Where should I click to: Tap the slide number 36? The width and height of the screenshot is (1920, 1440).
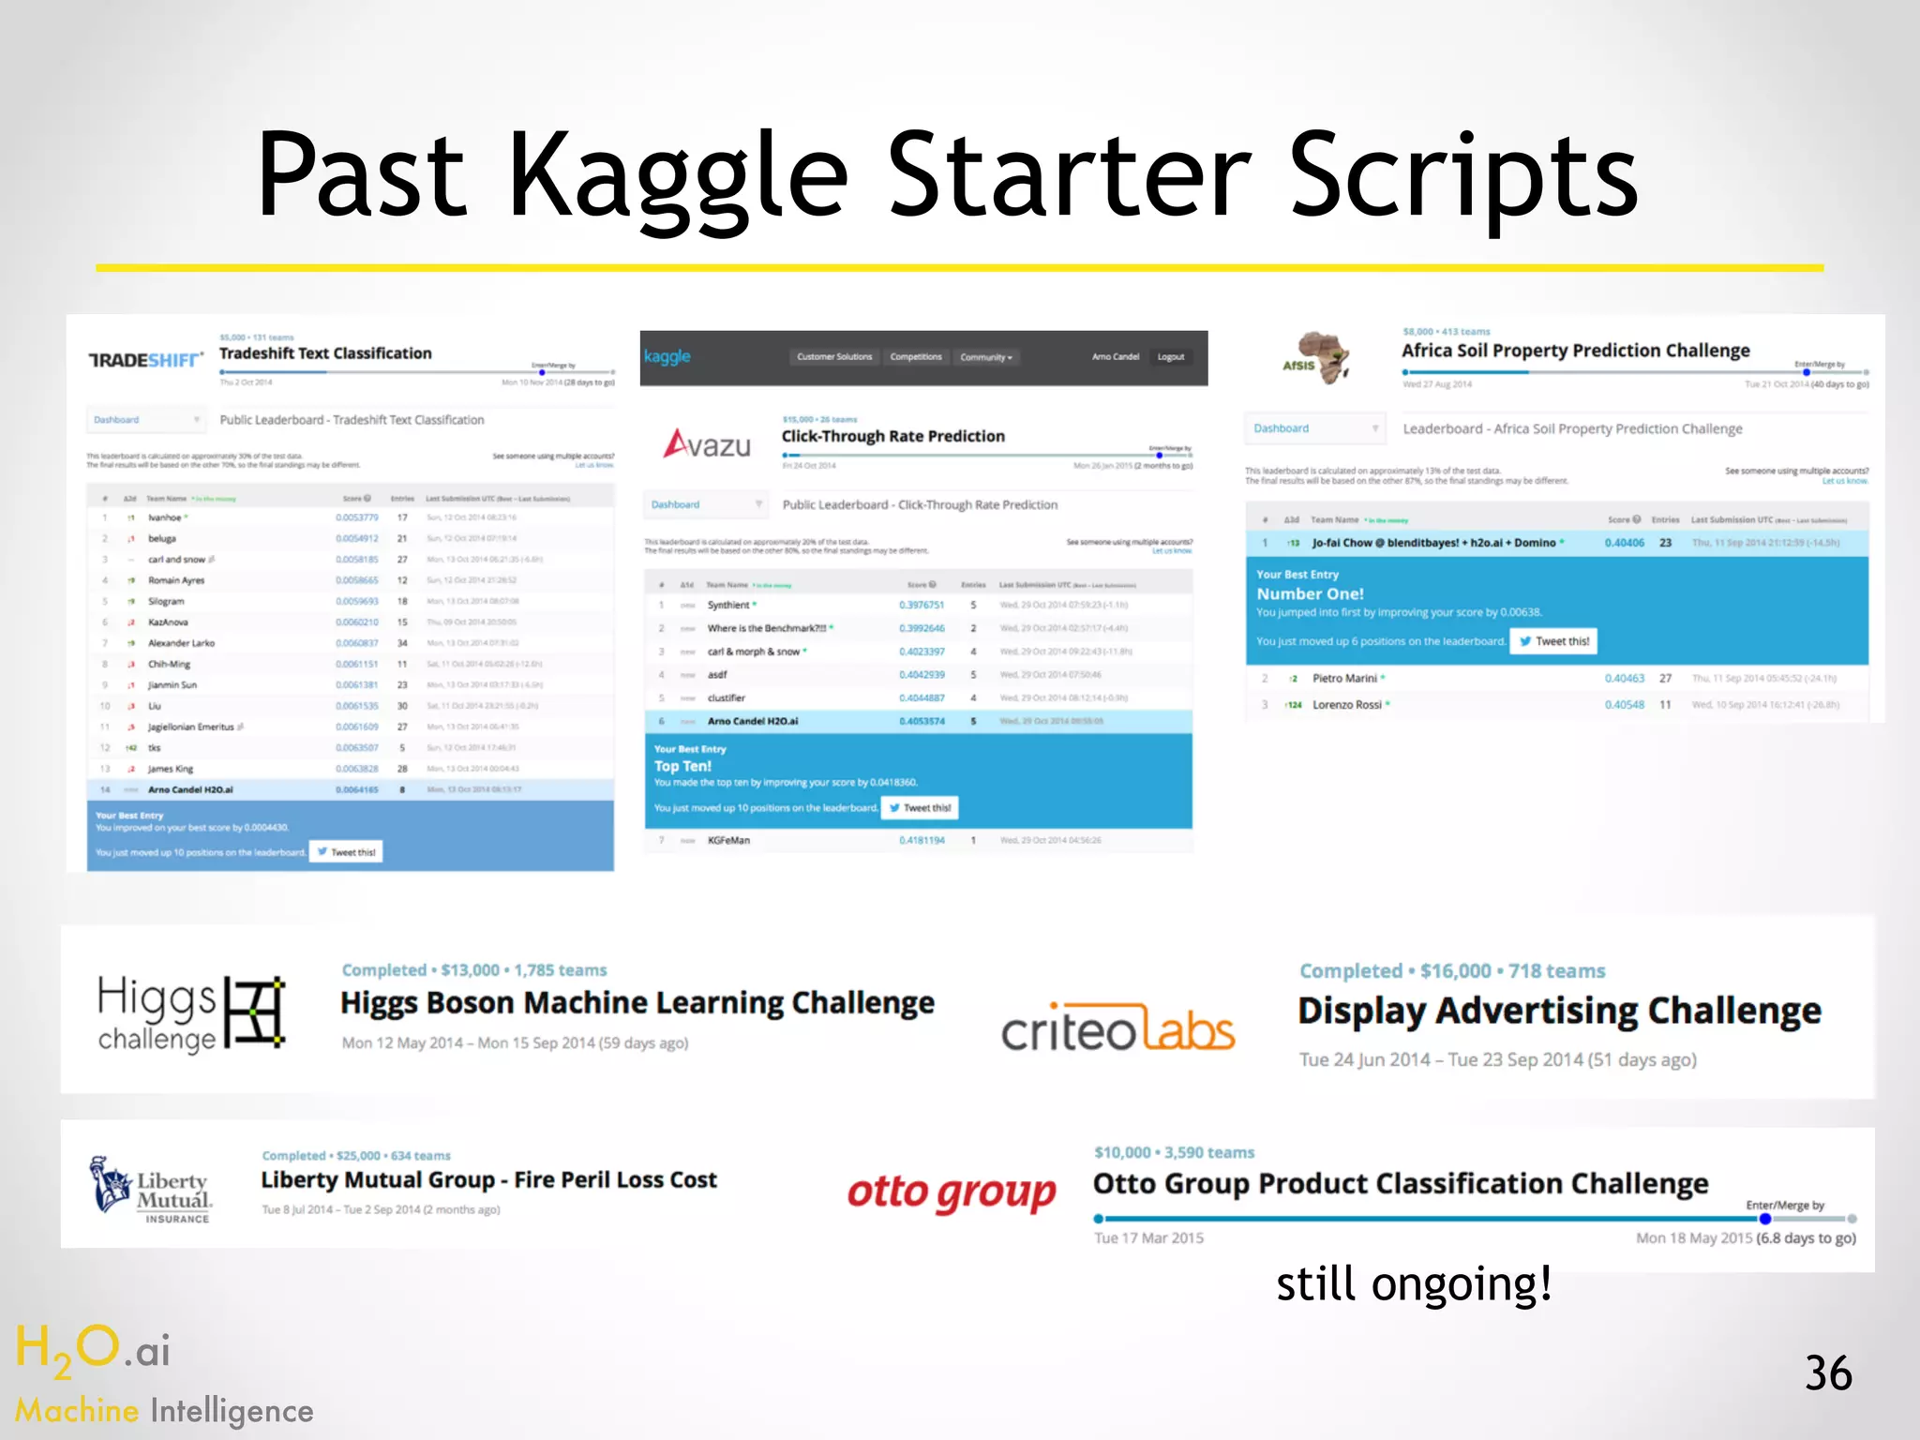[x=1827, y=1373]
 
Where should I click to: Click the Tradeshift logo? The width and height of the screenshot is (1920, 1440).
[x=145, y=360]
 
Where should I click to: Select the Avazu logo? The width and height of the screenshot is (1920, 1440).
[x=708, y=443]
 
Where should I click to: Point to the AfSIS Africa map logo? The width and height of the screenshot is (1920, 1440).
[x=1317, y=359]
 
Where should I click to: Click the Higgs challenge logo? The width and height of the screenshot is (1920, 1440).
[x=190, y=1013]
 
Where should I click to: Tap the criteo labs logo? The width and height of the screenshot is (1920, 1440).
[x=1117, y=1029]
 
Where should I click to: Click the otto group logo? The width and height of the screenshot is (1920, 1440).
[x=952, y=1192]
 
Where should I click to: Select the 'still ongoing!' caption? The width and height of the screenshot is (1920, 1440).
[x=1414, y=1283]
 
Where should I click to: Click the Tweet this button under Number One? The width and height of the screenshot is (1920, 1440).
[x=1553, y=641]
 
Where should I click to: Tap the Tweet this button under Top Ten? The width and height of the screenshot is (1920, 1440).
[x=919, y=807]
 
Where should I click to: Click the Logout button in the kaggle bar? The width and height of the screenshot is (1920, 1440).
[x=1170, y=357]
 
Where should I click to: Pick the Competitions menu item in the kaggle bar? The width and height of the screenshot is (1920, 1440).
[x=915, y=357]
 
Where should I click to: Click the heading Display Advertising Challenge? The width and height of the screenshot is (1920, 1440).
[x=1559, y=1011]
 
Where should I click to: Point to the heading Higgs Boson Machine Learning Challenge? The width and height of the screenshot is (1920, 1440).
[x=637, y=1003]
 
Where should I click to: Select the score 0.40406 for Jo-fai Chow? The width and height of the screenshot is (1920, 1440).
[x=1624, y=543]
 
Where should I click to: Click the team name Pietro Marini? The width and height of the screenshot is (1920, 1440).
[x=1344, y=678]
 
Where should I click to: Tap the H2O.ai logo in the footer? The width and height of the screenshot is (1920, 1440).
[x=94, y=1350]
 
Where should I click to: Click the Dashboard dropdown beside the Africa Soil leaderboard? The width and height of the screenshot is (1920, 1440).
[x=1314, y=428]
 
